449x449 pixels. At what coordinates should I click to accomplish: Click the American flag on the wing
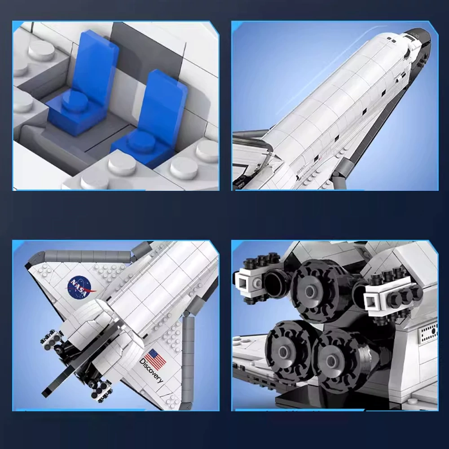(156, 359)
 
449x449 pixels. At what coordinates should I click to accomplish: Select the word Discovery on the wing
(151, 371)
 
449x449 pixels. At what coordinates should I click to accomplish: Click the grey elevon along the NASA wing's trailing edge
(81, 256)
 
